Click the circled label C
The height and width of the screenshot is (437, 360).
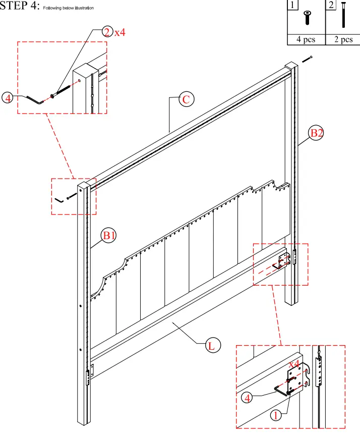186,99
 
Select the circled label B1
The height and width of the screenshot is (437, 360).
109,235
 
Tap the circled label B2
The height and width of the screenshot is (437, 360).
316,134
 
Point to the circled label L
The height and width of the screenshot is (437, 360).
212,346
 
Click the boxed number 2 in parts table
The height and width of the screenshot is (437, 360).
331,6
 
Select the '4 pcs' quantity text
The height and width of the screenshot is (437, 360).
306,40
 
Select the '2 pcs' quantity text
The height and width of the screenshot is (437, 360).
343,40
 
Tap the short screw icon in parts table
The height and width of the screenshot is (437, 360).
306,19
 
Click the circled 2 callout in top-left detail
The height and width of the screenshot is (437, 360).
106,32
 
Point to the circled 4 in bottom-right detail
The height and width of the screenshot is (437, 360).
247,398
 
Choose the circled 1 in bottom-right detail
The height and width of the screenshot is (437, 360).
275,416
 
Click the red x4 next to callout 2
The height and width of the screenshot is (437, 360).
119,32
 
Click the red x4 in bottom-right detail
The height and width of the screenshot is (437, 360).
294,364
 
